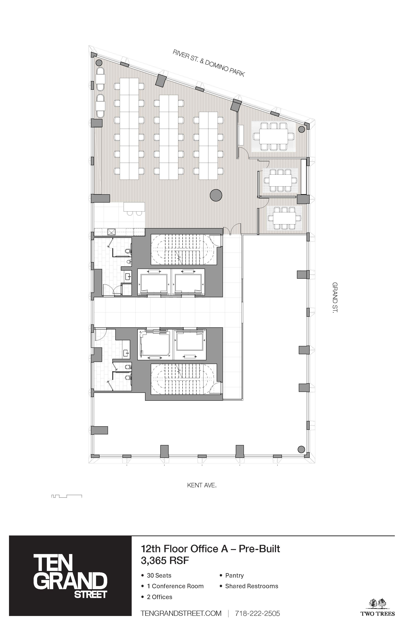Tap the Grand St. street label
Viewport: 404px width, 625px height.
335,297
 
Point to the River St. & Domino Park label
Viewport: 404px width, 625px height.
209,63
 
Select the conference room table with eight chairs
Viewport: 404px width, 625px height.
273,137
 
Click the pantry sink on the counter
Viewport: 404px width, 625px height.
111,232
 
